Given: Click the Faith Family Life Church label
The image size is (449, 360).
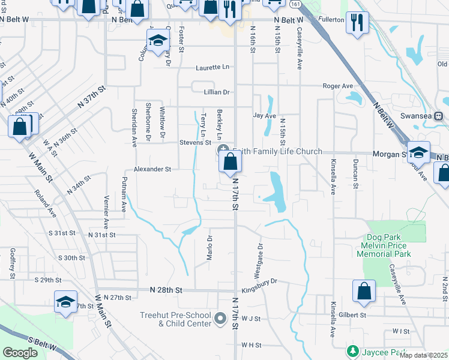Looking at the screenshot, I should coord(280,151).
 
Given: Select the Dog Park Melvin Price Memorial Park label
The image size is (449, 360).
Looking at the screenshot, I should coord(392,246).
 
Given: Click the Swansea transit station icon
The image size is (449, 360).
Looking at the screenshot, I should coord(439,116).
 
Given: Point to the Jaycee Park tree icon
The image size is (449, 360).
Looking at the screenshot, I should coord(353,350).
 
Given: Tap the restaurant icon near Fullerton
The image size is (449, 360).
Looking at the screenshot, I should coord(358,23).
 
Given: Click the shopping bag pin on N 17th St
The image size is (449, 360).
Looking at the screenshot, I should coord(231,161).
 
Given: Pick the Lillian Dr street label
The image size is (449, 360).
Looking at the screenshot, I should coord(217,92).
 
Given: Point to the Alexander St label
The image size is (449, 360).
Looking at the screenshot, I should coord(152,169).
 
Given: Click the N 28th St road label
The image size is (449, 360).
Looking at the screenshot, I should coord(166,290).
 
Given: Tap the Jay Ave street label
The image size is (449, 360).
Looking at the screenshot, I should coord(264,115).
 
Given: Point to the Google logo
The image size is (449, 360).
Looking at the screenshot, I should coord(20,352).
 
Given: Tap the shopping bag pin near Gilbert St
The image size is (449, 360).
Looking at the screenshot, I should coord(364,292).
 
